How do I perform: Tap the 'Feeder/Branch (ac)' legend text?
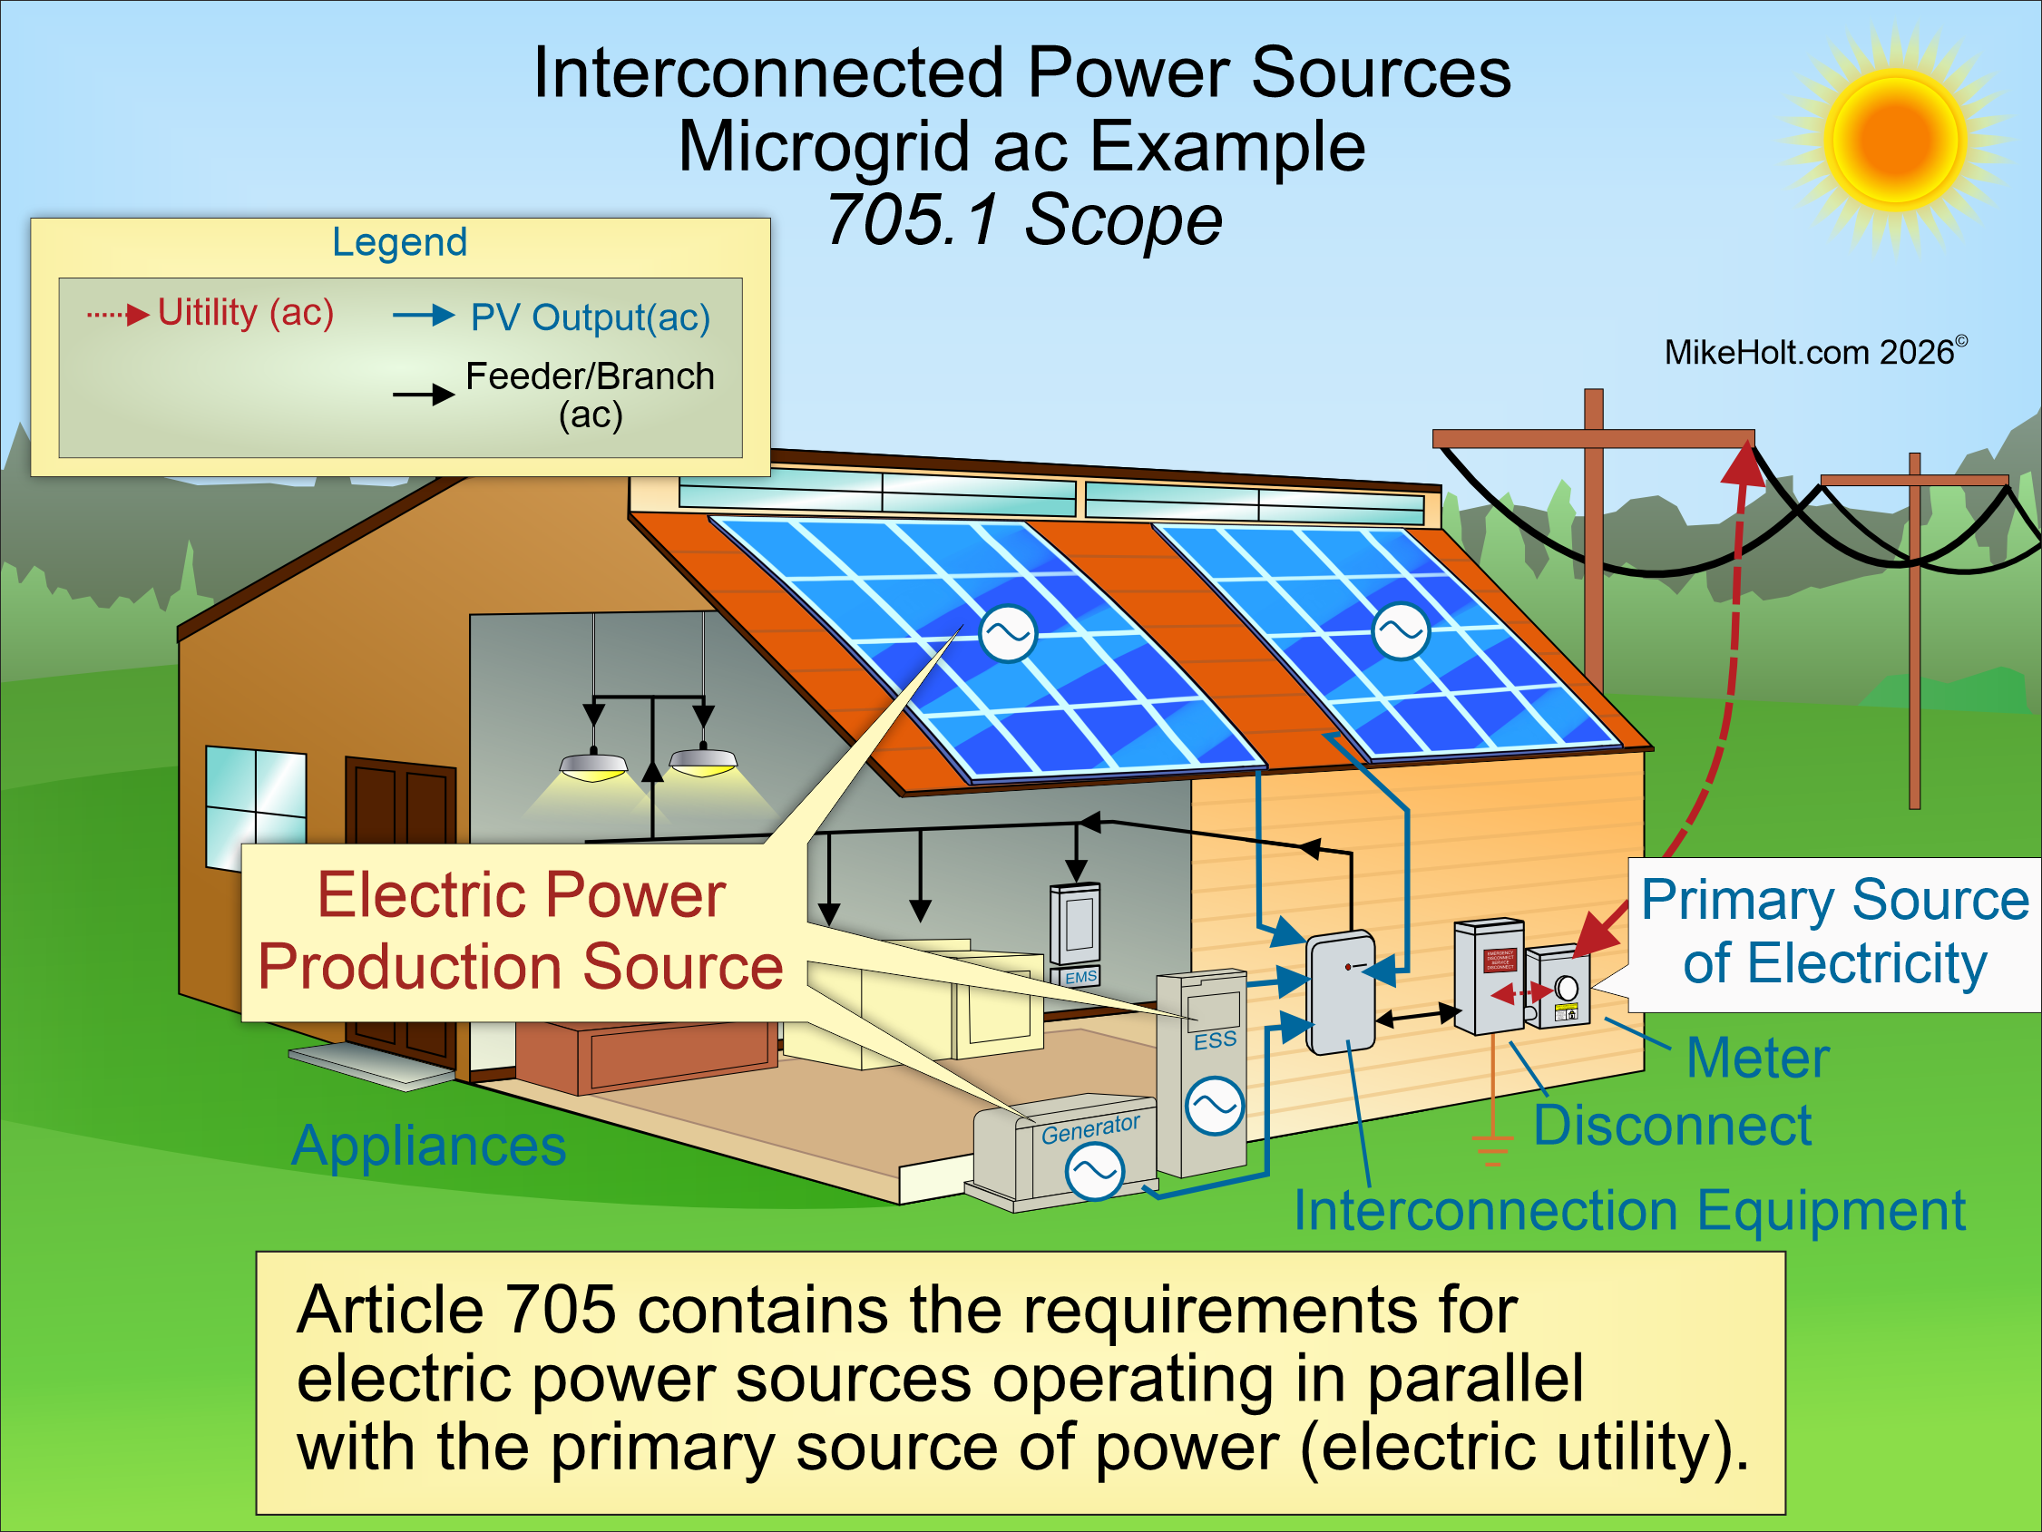click(x=589, y=395)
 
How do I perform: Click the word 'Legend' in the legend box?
click(x=400, y=242)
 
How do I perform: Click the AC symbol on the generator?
click(x=1094, y=1171)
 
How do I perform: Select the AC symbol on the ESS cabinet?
click(x=1215, y=1106)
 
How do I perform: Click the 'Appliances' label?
click(x=429, y=1146)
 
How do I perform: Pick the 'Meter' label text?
click(x=1757, y=1058)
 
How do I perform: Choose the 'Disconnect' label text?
click(x=1672, y=1126)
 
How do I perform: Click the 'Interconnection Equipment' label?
click(x=1629, y=1210)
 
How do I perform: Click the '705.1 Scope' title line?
click(x=1023, y=220)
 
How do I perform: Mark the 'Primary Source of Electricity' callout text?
click(x=1834, y=932)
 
